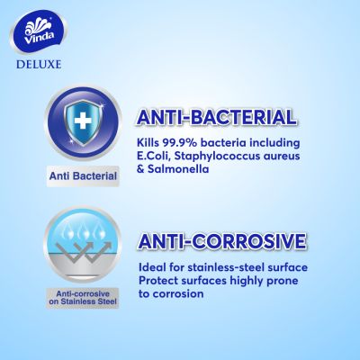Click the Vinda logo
[39, 34]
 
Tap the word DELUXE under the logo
[39, 65]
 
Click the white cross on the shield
[83, 121]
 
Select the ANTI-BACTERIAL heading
[216, 117]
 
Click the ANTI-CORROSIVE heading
[221, 241]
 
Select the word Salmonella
[178, 169]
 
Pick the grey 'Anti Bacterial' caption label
[83, 176]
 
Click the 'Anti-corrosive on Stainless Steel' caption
[83, 298]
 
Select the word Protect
[157, 281]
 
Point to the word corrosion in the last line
[178, 293]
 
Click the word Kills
[148, 143]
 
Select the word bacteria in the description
[222, 143]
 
